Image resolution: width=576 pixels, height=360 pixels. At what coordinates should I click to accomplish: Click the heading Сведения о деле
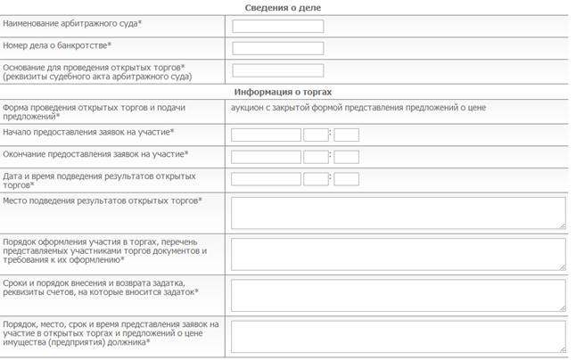pos(283,7)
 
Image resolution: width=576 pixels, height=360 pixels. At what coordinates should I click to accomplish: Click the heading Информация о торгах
pos(283,92)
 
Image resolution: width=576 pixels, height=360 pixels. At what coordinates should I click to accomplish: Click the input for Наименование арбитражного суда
pos(277,27)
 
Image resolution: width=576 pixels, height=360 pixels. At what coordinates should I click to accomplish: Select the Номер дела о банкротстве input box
pos(277,48)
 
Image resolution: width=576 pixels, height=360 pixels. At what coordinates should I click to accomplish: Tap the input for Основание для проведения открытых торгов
pos(277,70)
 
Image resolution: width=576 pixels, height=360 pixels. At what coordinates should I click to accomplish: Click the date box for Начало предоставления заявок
pos(266,135)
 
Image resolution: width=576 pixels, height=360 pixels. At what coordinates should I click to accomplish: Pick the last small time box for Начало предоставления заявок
pos(346,135)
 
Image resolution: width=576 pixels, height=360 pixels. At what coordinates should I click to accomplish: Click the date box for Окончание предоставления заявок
pos(266,157)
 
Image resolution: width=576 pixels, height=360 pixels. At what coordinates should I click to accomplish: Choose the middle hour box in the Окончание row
pos(316,157)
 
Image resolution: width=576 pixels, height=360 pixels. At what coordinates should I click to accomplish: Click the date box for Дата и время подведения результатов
pos(266,178)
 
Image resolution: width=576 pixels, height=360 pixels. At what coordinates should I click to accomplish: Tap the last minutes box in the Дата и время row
pos(346,178)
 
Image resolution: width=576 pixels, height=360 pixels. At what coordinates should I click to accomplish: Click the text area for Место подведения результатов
pos(398,212)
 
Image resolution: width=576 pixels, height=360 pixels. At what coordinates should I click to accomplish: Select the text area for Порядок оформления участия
pos(398,253)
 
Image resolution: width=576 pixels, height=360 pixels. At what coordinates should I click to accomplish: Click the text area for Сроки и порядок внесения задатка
pos(398,293)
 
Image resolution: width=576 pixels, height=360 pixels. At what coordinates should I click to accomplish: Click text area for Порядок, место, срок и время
pos(398,336)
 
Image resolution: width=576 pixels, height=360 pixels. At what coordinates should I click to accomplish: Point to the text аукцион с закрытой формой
pos(358,108)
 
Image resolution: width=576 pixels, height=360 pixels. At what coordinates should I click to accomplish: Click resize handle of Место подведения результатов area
pos(562,225)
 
